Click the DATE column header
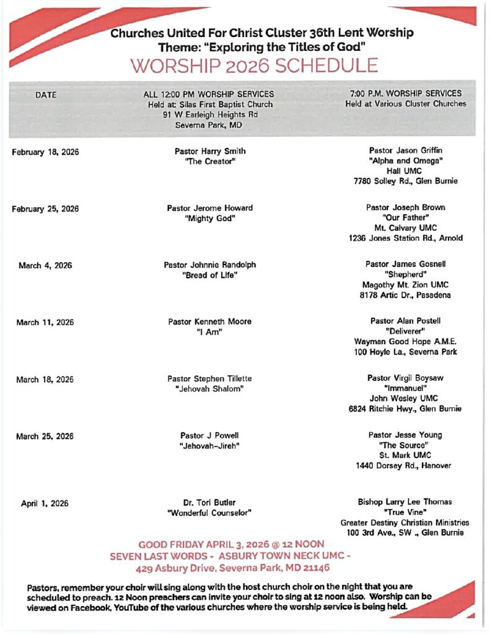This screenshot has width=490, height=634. (x=46, y=95)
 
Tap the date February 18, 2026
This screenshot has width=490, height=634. (x=45, y=152)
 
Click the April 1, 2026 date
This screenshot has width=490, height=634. (x=45, y=503)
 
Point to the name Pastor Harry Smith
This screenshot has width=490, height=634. (x=210, y=151)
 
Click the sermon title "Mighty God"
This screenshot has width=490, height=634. (x=210, y=219)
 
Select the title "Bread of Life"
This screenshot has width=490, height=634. (x=210, y=276)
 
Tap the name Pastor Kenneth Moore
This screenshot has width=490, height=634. (x=210, y=322)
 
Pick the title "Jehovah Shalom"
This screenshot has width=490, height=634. (x=210, y=389)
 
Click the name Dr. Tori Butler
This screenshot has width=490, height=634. (x=210, y=503)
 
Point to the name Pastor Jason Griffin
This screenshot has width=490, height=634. (x=406, y=150)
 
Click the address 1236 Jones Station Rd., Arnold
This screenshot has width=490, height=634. (x=406, y=238)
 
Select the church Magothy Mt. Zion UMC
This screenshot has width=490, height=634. (x=406, y=285)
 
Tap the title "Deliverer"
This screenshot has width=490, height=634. (x=406, y=331)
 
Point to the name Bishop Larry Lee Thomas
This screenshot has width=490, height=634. (x=405, y=502)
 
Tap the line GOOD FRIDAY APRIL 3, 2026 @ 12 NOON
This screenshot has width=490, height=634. (x=231, y=545)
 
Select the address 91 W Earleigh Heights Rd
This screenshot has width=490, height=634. (x=210, y=115)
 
